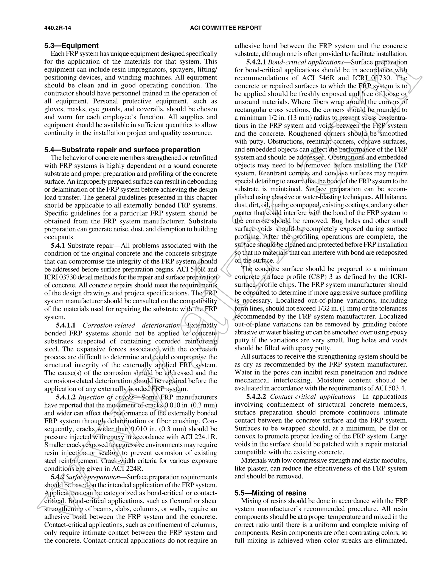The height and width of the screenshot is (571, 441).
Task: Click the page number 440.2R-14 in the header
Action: click(x=57, y=28)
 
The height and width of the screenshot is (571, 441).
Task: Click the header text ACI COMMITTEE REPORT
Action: click(x=226, y=28)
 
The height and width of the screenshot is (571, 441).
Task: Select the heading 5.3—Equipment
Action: click(x=71, y=46)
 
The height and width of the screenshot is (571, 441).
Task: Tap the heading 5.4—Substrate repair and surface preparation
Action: click(x=122, y=150)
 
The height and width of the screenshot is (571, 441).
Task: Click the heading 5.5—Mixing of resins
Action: click(x=270, y=493)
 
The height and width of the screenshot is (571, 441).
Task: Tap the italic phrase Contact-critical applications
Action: click(x=312, y=397)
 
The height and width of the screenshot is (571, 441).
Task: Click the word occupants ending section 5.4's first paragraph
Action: click(x=60, y=237)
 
